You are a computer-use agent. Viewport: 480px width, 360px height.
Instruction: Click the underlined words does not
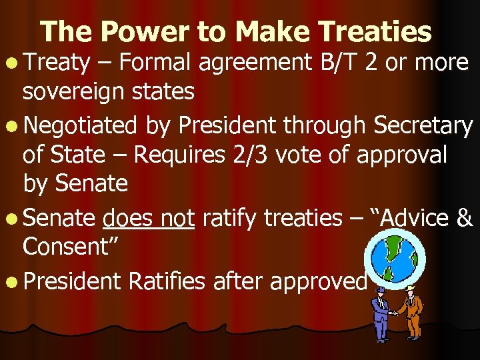[x=149, y=218]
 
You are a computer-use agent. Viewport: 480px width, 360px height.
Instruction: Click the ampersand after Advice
[x=465, y=218]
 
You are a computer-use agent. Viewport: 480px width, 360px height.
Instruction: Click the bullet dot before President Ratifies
[x=12, y=282]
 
